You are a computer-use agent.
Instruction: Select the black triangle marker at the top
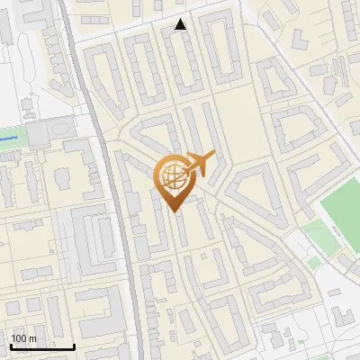(x=181, y=25)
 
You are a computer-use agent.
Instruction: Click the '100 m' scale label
(x=23, y=338)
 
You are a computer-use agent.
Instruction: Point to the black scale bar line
(x=42, y=346)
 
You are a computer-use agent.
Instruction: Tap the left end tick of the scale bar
(x=11, y=346)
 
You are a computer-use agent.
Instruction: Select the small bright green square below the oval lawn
(x=313, y=263)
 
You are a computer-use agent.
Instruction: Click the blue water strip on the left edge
(x=9, y=139)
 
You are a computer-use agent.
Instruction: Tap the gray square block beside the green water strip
(x=40, y=135)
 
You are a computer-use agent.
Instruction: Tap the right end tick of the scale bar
(x=74, y=346)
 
